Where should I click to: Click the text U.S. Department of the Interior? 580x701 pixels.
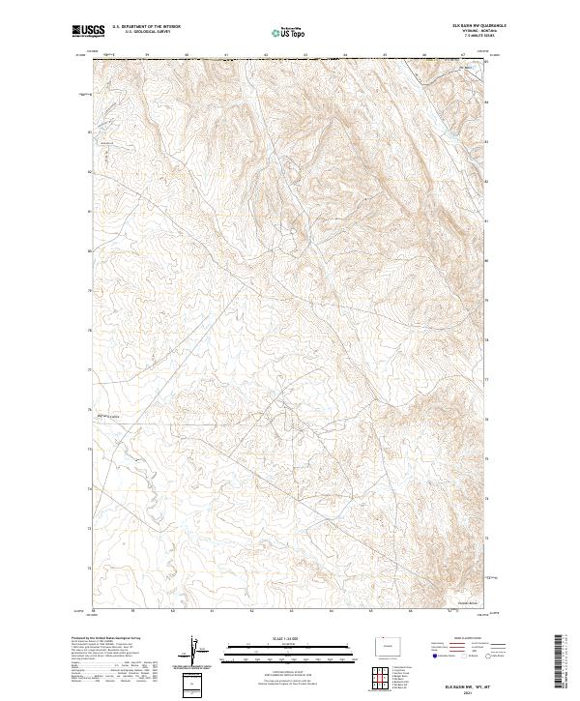[x=146, y=28]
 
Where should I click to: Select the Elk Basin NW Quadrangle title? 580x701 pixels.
[x=468, y=26]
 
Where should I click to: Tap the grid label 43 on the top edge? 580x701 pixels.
[x=305, y=55]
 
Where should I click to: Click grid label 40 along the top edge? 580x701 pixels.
[x=187, y=55]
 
